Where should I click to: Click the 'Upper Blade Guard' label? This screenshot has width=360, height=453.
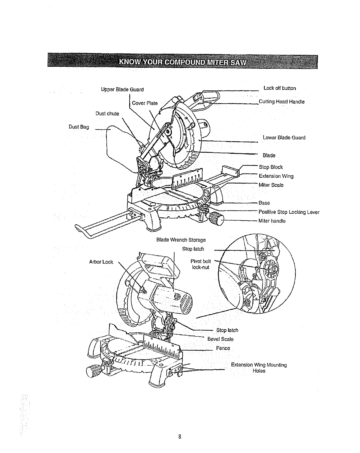tap(122, 90)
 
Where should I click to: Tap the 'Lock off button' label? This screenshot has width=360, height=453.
tap(280, 88)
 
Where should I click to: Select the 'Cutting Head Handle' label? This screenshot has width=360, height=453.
tap(282, 102)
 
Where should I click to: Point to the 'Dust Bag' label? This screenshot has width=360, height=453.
tap(79, 127)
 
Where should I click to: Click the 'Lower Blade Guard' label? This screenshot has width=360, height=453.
tap(284, 138)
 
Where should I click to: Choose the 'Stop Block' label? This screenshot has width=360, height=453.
tap(271, 167)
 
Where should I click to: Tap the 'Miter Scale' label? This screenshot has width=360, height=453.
tap(271, 185)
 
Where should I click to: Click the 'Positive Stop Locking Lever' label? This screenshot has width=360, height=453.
tap(289, 212)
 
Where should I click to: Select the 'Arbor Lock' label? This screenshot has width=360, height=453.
tap(101, 262)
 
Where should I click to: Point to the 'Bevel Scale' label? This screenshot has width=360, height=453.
tap(220, 339)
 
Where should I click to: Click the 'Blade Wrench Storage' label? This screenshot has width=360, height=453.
tap(181, 240)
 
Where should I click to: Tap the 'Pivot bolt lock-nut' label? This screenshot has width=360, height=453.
tap(201, 264)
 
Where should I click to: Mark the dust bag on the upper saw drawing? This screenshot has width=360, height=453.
tap(120, 146)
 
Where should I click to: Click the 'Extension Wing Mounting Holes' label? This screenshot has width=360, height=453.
tap(259, 368)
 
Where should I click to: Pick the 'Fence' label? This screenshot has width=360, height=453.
tap(223, 348)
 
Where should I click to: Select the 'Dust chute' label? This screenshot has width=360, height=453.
tap(107, 114)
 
